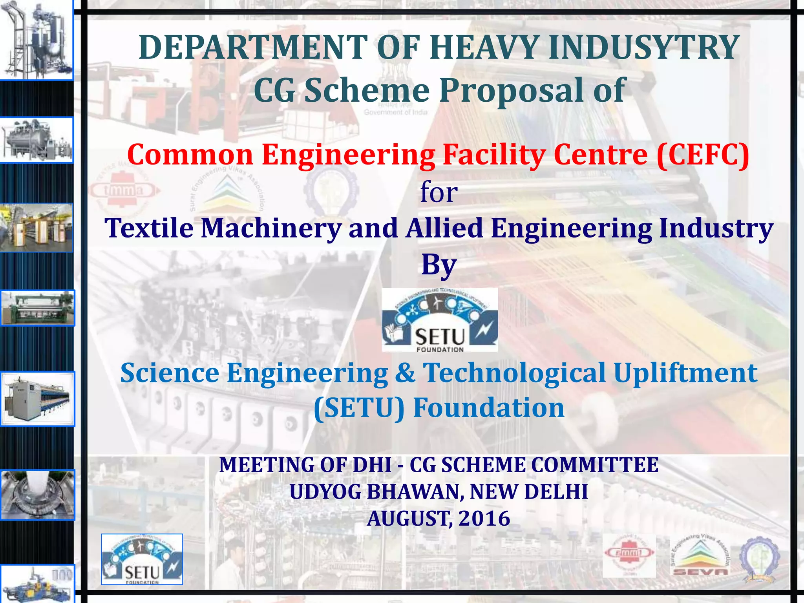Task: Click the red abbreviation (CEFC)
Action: [x=703, y=155]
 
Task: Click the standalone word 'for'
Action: [x=439, y=192]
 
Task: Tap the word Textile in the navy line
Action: [x=149, y=228]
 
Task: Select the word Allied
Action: [x=444, y=228]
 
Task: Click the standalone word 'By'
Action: [x=439, y=265]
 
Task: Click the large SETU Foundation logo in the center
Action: [x=440, y=320]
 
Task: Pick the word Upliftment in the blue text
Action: [x=685, y=373]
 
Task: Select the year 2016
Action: [x=484, y=519]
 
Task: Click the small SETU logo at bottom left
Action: [x=142, y=559]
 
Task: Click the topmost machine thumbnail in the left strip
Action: [x=37, y=40]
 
